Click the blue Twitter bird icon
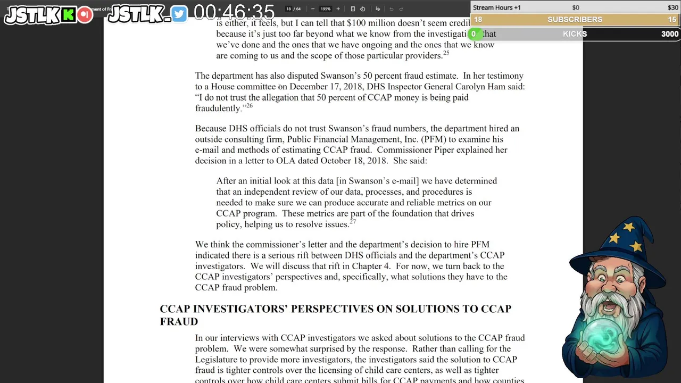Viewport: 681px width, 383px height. click(179, 14)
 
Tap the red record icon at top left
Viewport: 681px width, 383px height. click(85, 14)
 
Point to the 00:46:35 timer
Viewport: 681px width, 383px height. click(234, 12)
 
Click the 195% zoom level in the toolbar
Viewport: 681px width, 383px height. click(325, 9)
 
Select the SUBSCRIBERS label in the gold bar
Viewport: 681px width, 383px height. click(575, 20)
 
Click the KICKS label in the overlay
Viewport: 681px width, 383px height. click(575, 34)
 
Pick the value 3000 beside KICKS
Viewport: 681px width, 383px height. click(669, 34)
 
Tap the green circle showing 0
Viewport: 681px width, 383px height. click(473, 34)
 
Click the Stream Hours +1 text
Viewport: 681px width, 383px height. click(496, 7)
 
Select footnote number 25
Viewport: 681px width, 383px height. click(446, 53)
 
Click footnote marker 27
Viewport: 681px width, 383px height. click(352, 221)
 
